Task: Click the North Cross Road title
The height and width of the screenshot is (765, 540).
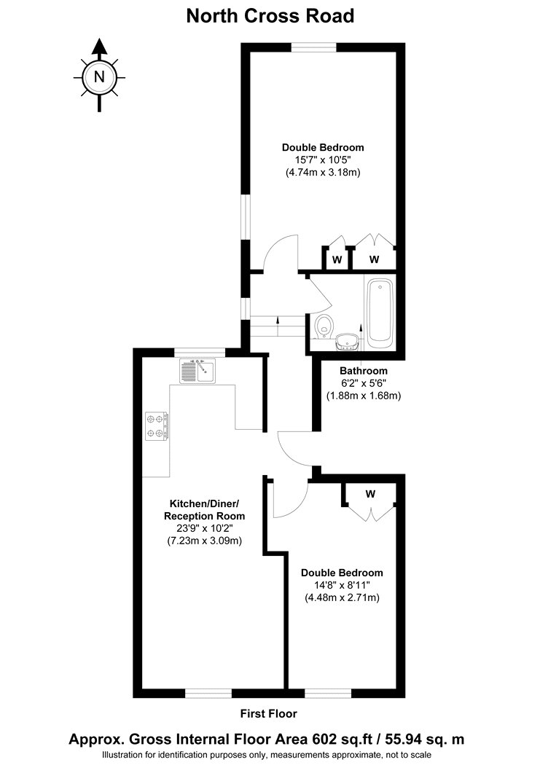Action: point(270,16)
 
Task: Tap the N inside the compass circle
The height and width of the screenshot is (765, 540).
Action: point(100,76)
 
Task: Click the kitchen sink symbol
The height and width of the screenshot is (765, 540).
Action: point(197,370)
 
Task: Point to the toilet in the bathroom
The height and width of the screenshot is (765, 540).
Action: point(324,326)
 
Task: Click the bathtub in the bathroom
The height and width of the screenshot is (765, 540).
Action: point(381,313)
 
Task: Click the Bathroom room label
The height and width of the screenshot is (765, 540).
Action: point(364,371)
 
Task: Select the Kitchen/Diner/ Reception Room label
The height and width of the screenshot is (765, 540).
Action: point(204,509)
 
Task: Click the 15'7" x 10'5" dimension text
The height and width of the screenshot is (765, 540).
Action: point(323,160)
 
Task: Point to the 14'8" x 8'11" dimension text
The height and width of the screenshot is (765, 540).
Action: point(342,585)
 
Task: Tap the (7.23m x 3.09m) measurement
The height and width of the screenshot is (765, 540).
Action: point(204,541)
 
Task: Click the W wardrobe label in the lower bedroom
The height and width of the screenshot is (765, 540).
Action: point(371,494)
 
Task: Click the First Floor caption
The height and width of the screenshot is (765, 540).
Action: point(269,714)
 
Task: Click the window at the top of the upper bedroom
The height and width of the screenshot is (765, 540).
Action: point(313,47)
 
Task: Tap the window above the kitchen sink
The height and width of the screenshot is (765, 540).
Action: point(200,353)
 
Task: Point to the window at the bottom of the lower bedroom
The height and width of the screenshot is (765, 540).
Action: point(328,694)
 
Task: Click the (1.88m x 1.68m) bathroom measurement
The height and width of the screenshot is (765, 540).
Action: point(364,396)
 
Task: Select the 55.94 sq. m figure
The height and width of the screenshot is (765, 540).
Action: point(425,739)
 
